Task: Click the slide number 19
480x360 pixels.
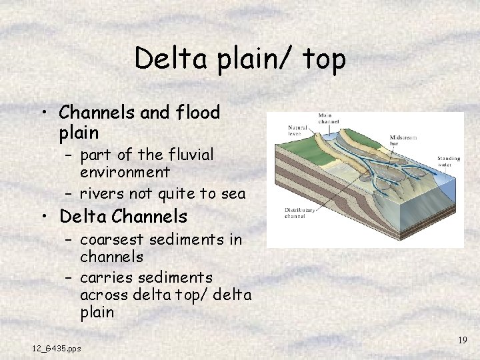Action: coord(462,341)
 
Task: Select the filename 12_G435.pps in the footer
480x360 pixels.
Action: coord(57,348)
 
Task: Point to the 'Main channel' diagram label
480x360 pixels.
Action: coord(329,118)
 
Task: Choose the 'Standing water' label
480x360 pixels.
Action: coord(449,162)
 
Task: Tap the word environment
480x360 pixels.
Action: coord(125,172)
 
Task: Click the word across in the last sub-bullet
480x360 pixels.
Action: coord(101,295)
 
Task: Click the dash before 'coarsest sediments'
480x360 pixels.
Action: coord(69,240)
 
